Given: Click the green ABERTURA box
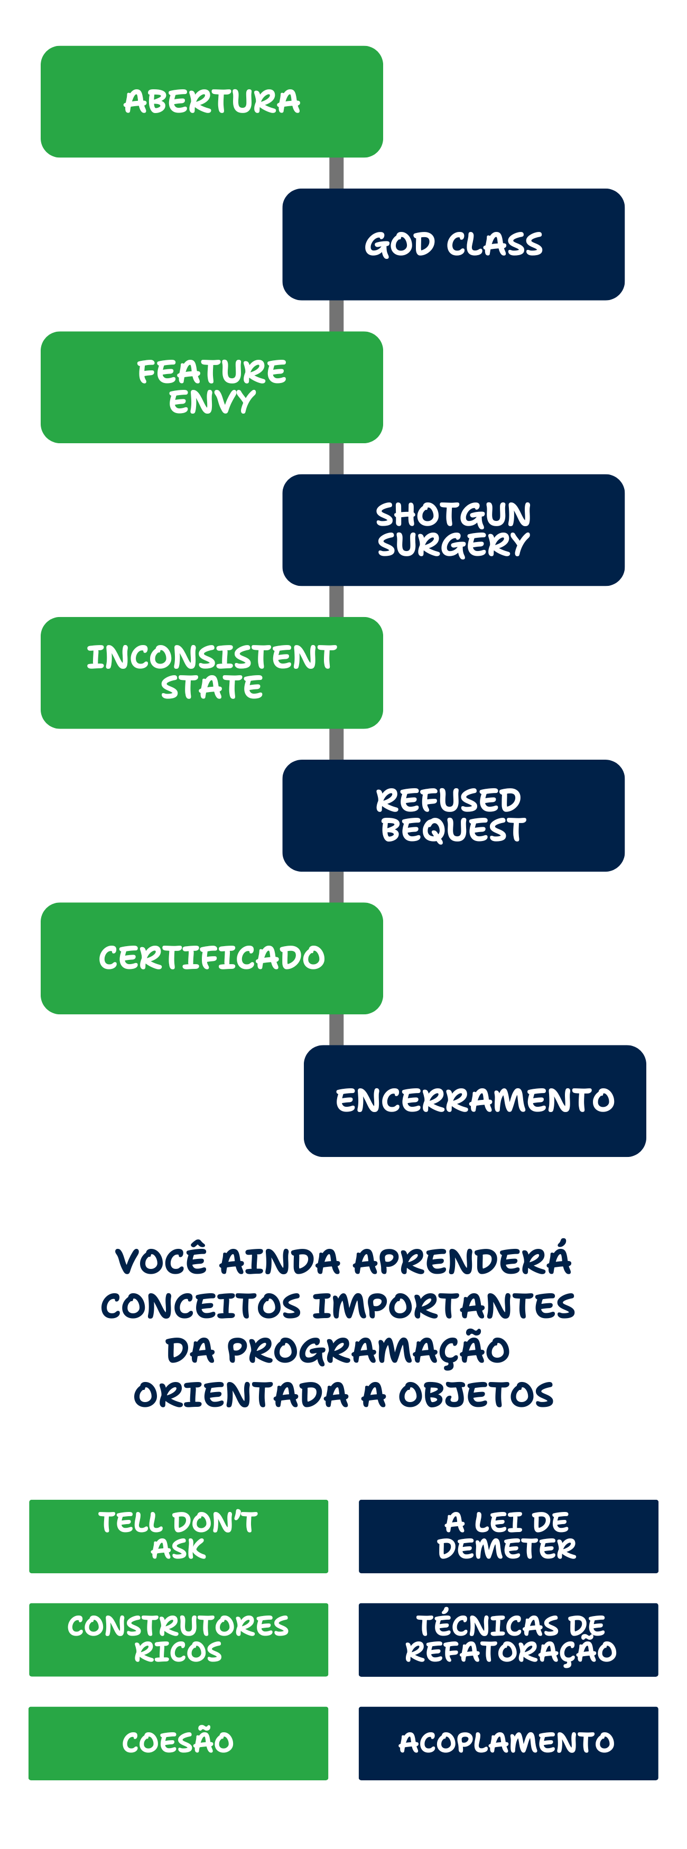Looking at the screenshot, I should pos(212,101).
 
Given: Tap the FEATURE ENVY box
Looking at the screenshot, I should pos(212,387).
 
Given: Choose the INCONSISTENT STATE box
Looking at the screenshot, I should pos(212,673).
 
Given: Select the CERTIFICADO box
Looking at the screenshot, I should pos(212,958).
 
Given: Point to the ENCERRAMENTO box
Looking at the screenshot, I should pos(475,1100).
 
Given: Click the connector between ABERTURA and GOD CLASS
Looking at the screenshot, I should pos(337,173).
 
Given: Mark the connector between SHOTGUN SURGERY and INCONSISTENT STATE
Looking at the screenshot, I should pos(337,602).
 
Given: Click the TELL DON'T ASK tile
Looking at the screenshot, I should pos(179,1536).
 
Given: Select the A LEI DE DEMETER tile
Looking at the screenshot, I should pos(508,1536).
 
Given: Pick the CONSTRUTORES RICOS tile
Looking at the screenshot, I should pos(179,1639).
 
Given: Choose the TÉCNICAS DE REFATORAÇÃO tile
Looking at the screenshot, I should pos(508,1639).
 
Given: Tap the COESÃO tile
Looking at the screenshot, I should pos(179,1743).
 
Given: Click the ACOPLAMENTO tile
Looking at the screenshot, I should pos(508,1743).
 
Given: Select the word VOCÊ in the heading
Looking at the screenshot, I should pos(162,1261).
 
